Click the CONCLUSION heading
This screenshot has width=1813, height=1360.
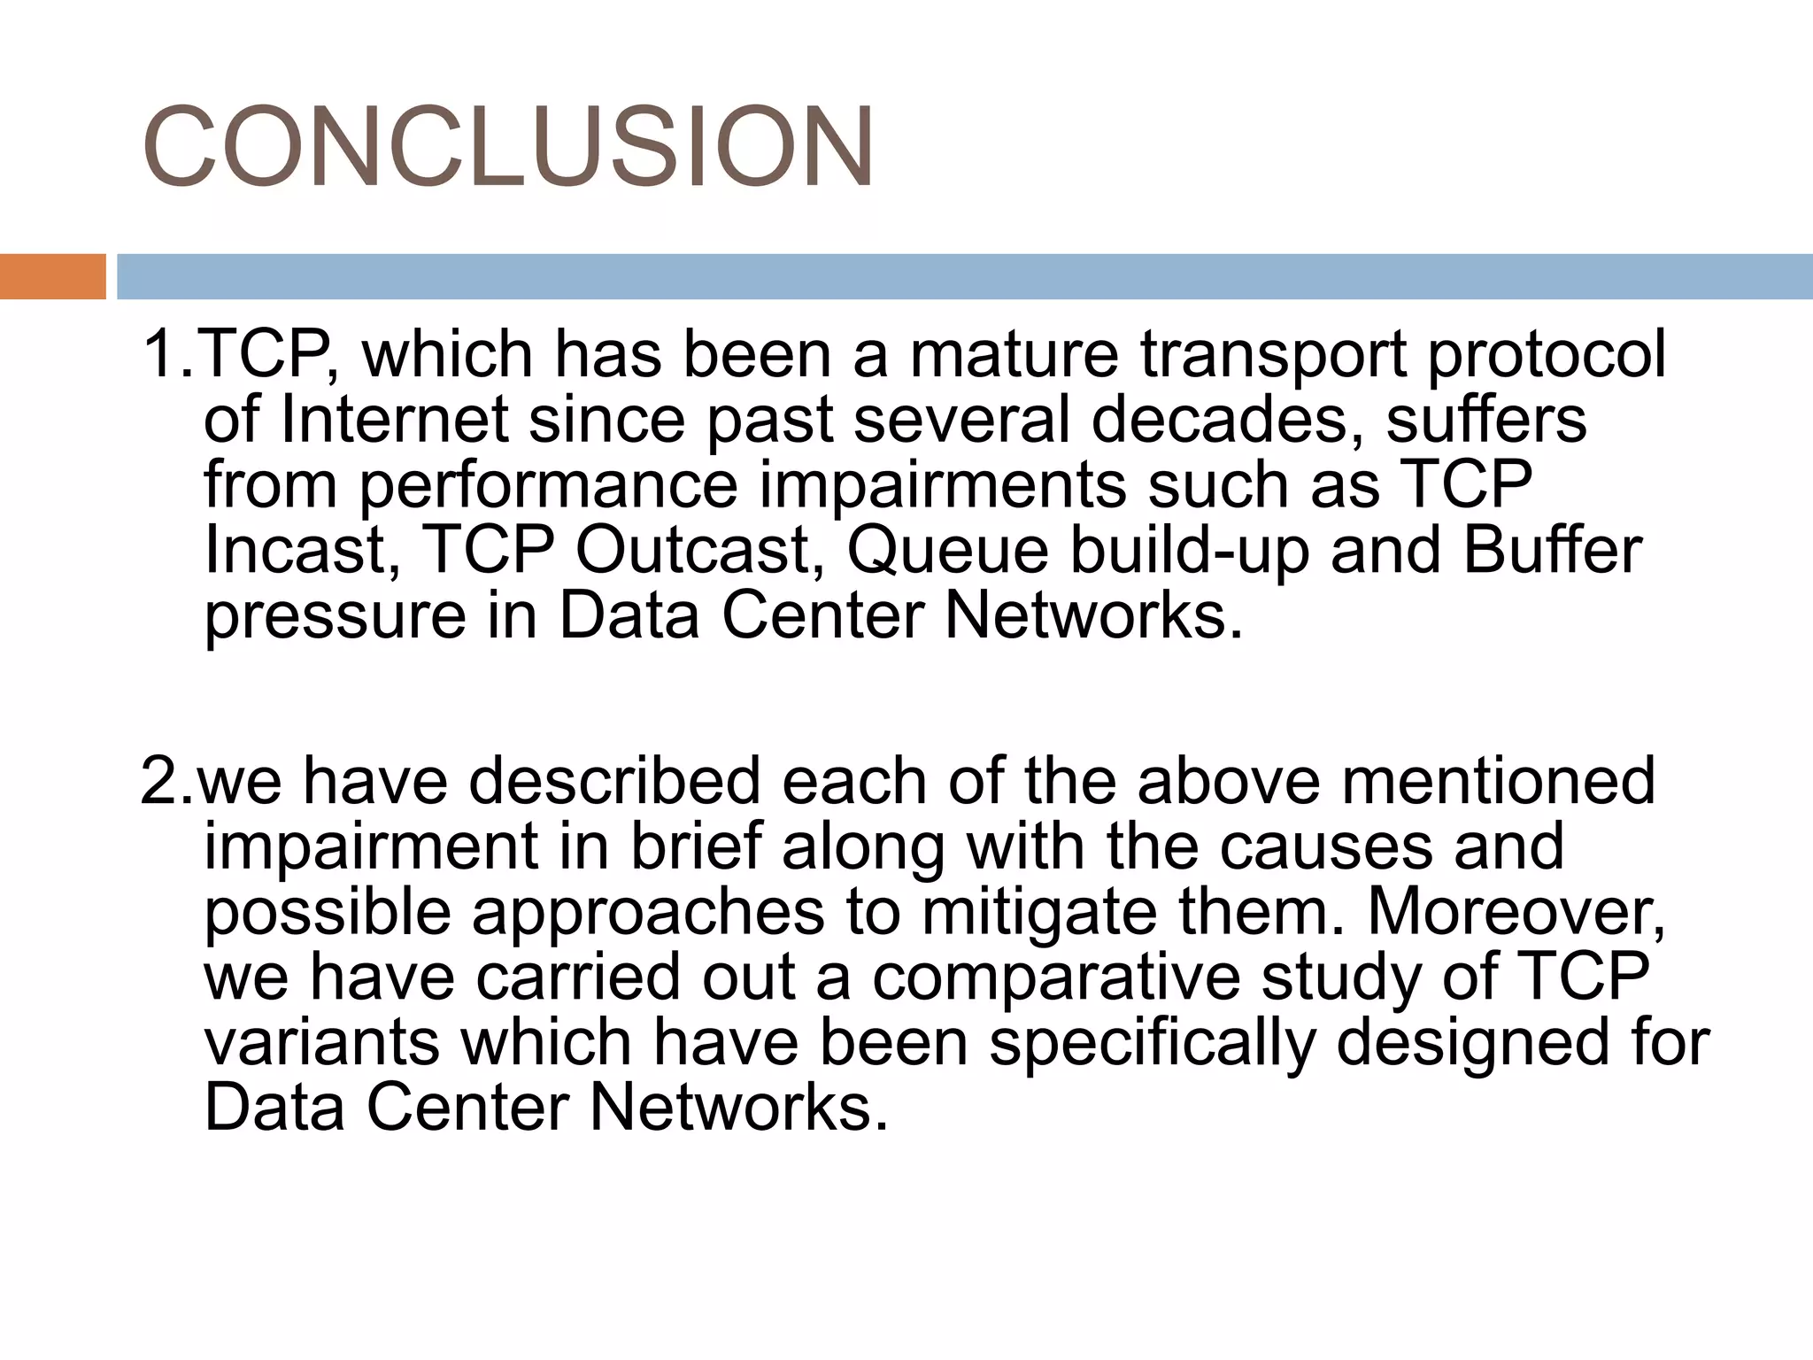click(x=508, y=147)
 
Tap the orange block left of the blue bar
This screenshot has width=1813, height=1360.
click(x=52, y=276)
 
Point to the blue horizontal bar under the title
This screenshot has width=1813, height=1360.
click(x=964, y=276)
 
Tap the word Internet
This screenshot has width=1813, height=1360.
click(x=394, y=420)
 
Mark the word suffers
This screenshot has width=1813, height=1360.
click(x=1486, y=420)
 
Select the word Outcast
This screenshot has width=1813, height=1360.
click(x=694, y=551)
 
